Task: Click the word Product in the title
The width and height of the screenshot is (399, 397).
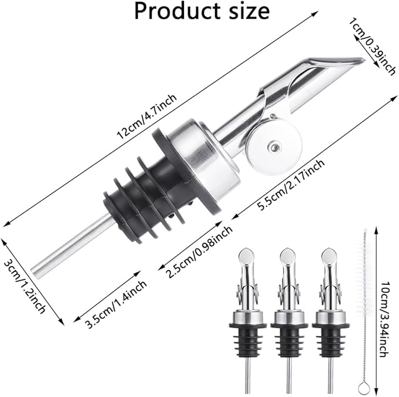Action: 177,11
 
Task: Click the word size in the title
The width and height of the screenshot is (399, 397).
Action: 249,11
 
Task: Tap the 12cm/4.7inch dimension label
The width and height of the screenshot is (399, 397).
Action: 146,116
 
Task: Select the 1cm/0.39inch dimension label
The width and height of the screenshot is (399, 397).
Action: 371,46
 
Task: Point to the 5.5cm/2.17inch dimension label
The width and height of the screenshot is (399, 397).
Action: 291,185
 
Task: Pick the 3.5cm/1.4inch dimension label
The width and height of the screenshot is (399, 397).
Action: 116,304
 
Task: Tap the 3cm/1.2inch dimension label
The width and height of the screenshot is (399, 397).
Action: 25,286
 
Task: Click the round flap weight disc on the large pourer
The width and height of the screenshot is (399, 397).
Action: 274,146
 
